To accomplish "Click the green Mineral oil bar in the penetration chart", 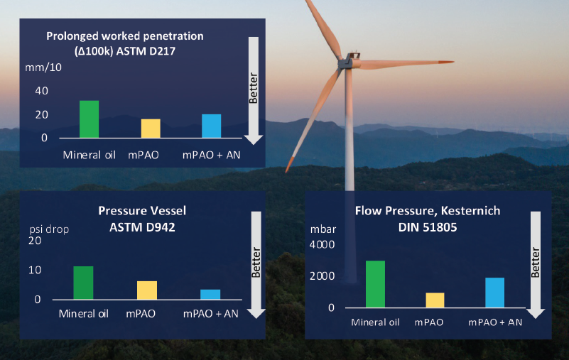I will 89,119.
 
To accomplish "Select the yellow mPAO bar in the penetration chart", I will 151,129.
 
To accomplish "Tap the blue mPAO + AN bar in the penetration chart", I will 212,126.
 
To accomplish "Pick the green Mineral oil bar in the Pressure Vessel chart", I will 83,283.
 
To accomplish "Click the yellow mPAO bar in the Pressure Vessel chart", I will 147,290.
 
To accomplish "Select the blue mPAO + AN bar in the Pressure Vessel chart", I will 210,295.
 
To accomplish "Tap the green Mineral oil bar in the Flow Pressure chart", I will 375,284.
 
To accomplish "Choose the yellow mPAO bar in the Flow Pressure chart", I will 435,300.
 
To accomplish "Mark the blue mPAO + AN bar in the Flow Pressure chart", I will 495,293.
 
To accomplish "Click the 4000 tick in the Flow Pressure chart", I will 320,245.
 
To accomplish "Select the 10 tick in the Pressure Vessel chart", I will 35,271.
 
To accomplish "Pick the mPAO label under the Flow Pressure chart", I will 429,322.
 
